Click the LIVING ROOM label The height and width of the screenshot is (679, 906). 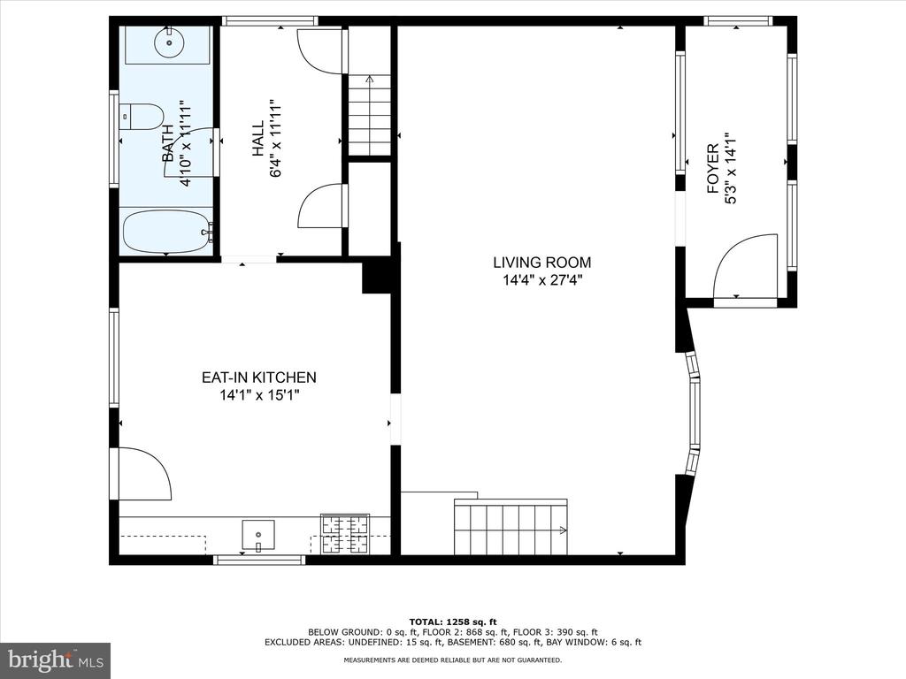542,263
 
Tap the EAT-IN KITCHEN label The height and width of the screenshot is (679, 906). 259,378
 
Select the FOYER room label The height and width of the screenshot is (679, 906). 713,168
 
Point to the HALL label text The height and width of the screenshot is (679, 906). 257,138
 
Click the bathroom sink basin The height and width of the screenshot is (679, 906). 169,42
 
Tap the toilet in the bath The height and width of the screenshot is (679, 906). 142,118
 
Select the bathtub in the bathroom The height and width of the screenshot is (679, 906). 167,232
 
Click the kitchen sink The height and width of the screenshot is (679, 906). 258,536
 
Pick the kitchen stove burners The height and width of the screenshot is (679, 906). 345,534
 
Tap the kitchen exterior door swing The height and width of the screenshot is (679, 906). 144,474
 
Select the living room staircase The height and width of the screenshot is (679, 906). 511,527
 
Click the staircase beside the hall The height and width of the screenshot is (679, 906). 369,115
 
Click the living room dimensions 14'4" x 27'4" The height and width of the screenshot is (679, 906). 542,280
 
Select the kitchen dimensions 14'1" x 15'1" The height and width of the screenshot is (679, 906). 259,395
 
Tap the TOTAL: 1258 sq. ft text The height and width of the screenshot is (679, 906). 453,622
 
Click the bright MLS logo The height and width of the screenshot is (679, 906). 55,660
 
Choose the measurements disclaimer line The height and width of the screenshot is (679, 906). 453,660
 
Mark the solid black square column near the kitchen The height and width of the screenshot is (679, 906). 377,277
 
